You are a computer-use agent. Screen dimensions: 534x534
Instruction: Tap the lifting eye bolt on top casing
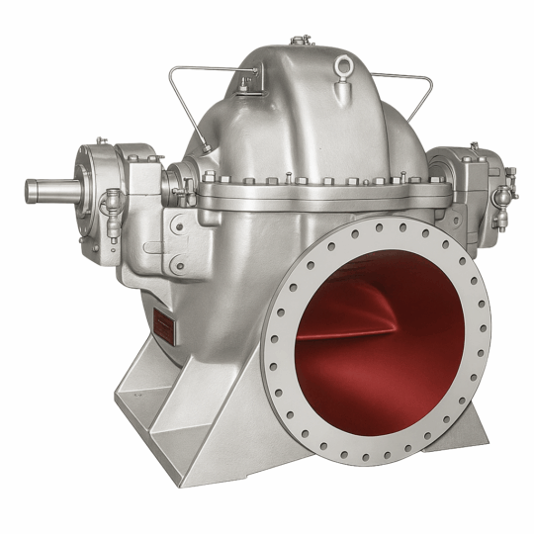pyautogui.click(x=344, y=66)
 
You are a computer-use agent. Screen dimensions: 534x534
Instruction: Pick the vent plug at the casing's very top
pyautogui.click(x=297, y=42)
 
